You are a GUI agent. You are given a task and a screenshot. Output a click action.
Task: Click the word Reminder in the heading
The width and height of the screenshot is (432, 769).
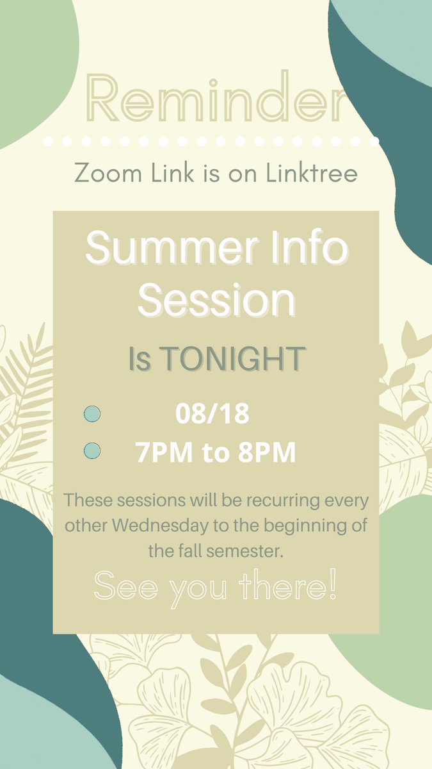point(216,100)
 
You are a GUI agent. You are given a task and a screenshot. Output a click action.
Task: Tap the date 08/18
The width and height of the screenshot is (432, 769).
point(212,415)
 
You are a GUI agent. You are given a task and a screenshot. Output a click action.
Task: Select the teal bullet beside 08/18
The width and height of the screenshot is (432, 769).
point(92,414)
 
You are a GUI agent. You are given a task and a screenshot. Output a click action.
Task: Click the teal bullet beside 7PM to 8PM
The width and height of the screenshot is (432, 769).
point(92,451)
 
